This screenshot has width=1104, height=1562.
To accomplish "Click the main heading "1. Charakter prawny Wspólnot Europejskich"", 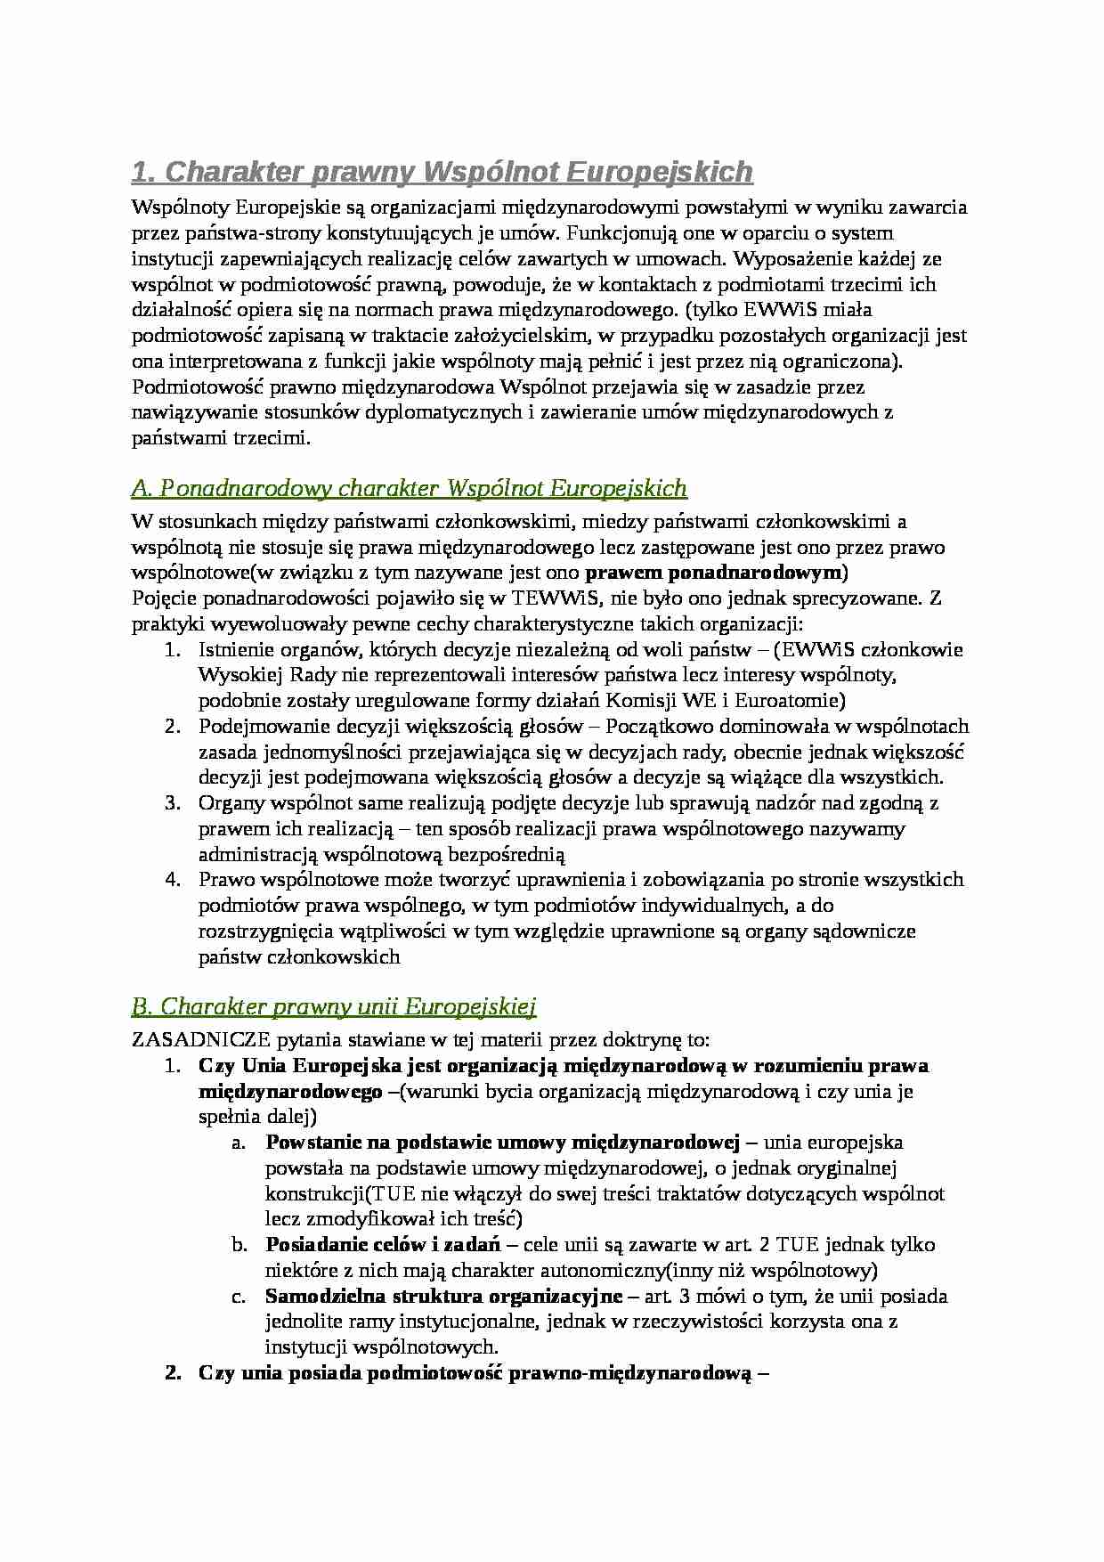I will click(x=442, y=171).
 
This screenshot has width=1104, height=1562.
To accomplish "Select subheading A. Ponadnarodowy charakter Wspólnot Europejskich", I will click(x=409, y=488).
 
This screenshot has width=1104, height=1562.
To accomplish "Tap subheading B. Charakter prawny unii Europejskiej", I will click(x=333, y=1006).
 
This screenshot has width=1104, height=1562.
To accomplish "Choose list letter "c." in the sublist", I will click(x=239, y=1296).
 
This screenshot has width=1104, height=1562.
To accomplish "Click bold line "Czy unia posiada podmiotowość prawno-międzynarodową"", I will click(x=483, y=1372).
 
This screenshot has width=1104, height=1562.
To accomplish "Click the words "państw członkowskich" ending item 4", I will click(x=299, y=957).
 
